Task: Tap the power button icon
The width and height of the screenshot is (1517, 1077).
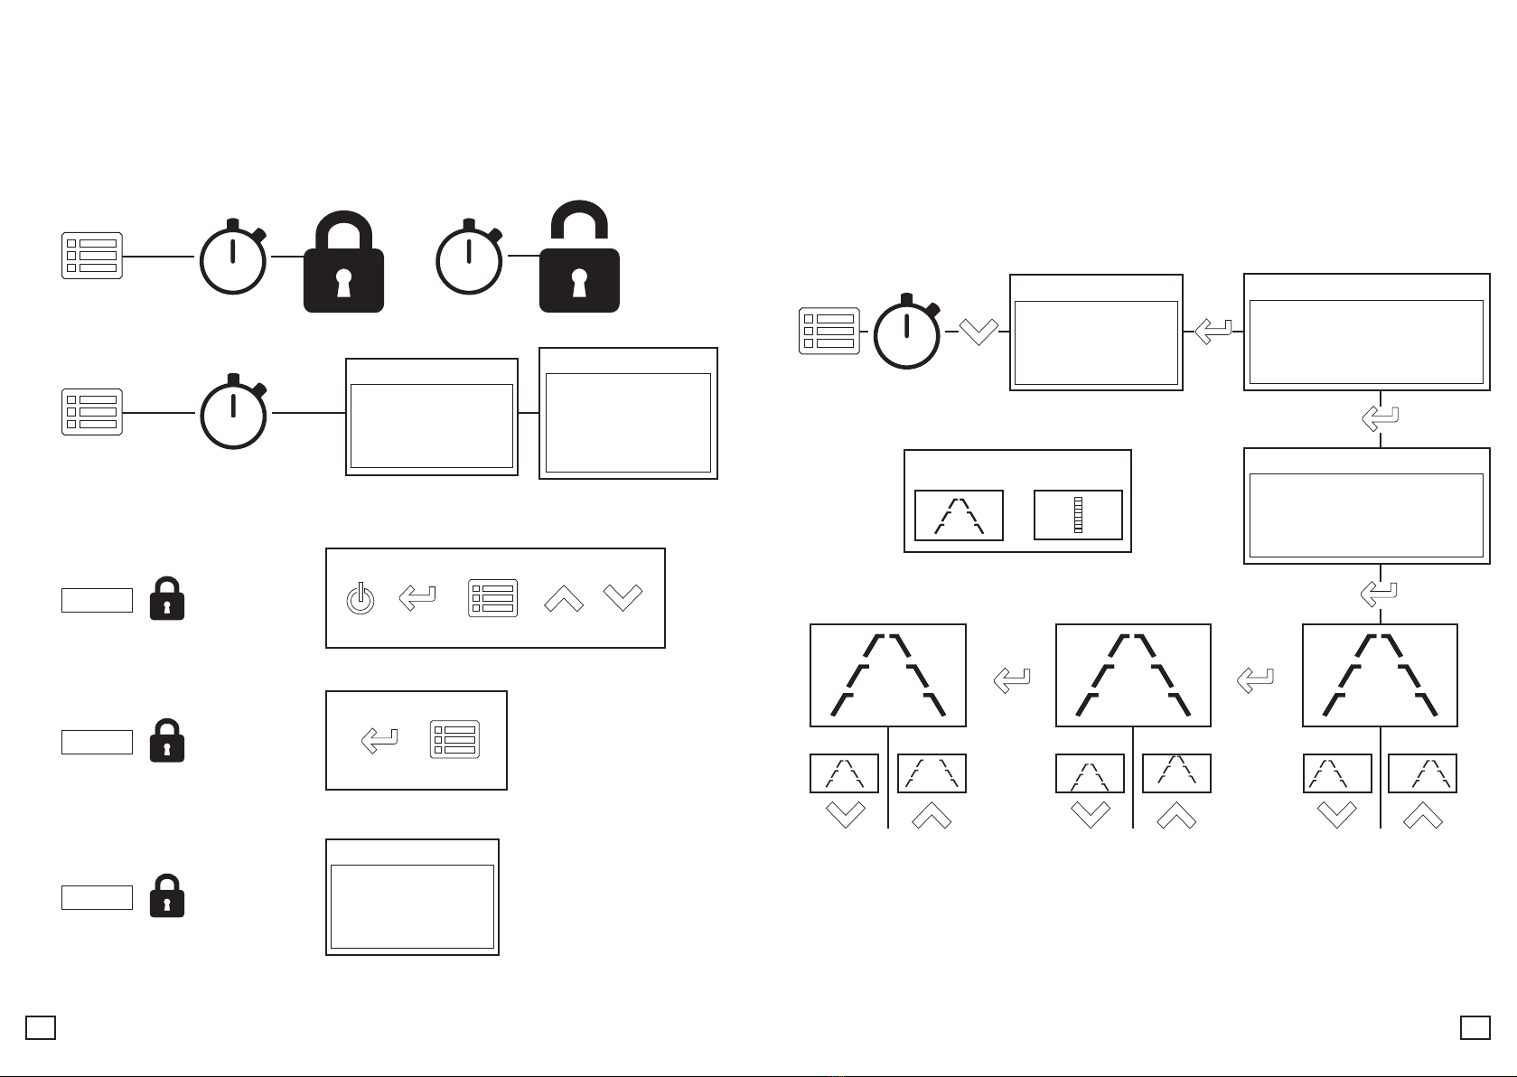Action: (x=361, y=599)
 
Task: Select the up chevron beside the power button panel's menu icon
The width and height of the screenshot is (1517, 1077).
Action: (x=564, y=598)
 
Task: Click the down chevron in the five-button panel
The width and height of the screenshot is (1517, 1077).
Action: (x=623, y=598)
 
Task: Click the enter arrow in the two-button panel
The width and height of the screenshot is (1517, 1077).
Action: (x=379, y=741)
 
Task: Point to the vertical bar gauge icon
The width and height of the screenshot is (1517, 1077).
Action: (x=1078, y=515)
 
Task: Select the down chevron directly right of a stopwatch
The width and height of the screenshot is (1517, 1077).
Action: (x=978, y=332)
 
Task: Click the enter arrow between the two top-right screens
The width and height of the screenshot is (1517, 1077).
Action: (x=1213, y=332)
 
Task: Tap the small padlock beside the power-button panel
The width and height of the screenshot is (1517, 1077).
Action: (x=166, y=599)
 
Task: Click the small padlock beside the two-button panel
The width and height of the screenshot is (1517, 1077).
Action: (x=166, y=741)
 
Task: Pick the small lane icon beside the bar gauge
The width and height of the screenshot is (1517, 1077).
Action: (x=959, y=516)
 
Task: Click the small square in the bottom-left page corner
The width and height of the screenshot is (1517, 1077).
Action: (x=41, y=1027)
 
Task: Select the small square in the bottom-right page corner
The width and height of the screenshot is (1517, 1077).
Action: (x=1475, y=1027)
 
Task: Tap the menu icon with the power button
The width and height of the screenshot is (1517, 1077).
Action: (x=493, y=598)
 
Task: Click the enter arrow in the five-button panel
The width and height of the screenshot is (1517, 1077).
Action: (x=417, y=598)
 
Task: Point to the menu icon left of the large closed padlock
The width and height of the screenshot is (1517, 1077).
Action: (x=92, y=256)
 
